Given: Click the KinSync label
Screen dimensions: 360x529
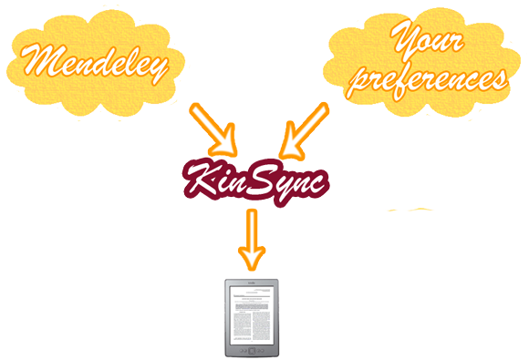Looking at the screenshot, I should pyautogui.click(x=256, y=179).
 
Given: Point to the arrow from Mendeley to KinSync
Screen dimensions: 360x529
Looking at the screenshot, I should pyautogui.click(x=213, y=128).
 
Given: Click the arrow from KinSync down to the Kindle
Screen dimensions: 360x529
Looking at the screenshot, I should pyautogui.click(x=250, y=237).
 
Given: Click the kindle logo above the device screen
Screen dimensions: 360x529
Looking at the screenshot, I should pyautogui.click(x=251, y=283).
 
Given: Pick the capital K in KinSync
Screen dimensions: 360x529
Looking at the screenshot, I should pyautogui.click(x=202, y=179).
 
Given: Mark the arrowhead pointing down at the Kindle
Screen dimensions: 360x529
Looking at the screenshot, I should pyautogui.click(x=250, y=255).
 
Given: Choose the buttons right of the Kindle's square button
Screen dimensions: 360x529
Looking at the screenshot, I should pyautogui.click(x=262, y=352).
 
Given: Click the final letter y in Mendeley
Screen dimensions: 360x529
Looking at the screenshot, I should pyautogui.click(x=157, y=66).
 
